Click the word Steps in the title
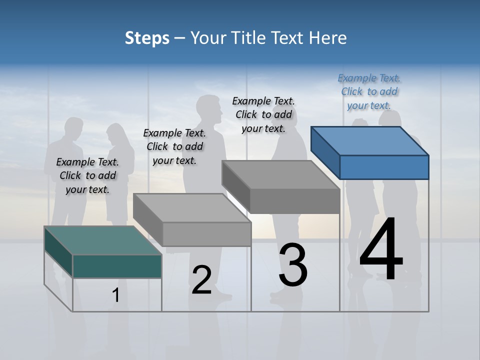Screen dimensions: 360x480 (147, 38)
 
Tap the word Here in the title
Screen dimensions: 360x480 (328, 38)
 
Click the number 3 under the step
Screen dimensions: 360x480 (293, 265)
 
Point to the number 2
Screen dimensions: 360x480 (201, 280)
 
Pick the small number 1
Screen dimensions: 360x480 (116, 295)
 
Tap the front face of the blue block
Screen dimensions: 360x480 (384, 167)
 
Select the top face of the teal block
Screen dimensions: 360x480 (102, 240)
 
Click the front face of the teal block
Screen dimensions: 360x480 (117, 266)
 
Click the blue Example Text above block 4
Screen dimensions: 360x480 (369, 91)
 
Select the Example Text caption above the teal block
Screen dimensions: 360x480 (87, 175)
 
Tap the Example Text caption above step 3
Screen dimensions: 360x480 (263, 114)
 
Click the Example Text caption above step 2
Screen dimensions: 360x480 (174, 146)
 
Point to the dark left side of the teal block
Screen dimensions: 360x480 (58, 250)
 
